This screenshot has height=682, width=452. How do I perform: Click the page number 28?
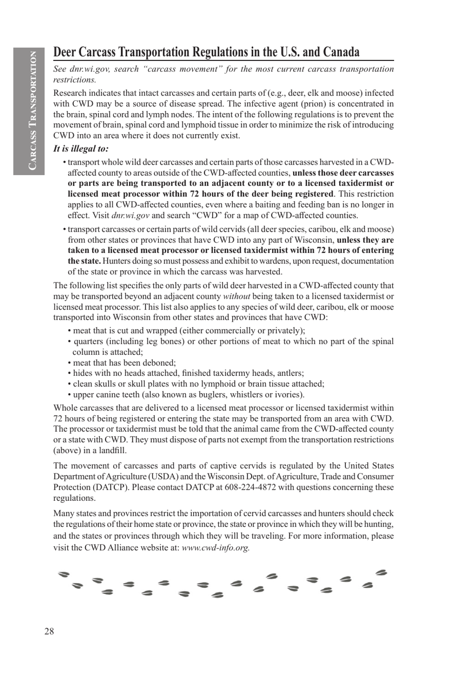[49, 631]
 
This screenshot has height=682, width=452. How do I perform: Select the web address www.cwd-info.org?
[216, 547]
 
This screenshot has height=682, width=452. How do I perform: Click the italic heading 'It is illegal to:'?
[81, 148]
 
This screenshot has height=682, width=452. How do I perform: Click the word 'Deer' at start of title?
[64, 51]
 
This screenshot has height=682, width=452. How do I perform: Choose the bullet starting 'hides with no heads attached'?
[188, 373]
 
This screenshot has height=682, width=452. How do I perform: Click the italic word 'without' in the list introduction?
[236, 296]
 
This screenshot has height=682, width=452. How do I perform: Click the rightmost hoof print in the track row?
[382, 573]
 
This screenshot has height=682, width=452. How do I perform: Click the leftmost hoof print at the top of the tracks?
[64, 574]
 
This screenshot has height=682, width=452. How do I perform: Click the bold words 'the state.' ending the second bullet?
[84, 261]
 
